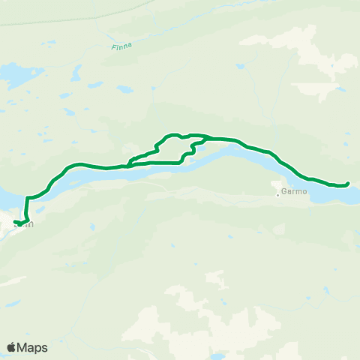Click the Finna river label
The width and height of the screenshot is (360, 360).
121,47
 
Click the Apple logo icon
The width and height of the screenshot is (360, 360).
11,347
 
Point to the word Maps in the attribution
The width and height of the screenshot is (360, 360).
32,347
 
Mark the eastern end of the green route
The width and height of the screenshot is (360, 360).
349,184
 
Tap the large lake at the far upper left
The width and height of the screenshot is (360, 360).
13,76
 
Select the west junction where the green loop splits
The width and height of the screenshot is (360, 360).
129,163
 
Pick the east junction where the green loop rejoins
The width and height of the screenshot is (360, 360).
206,139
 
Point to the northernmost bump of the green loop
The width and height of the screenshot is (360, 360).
173,135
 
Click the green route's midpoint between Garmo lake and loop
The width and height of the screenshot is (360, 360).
255,147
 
